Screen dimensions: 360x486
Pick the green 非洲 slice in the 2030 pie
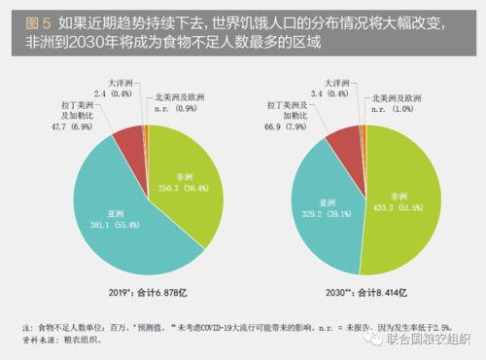(x=399, y=204)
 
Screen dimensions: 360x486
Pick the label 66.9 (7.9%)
(x=274, y=127)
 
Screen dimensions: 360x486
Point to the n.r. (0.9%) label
(x=179, y=107)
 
